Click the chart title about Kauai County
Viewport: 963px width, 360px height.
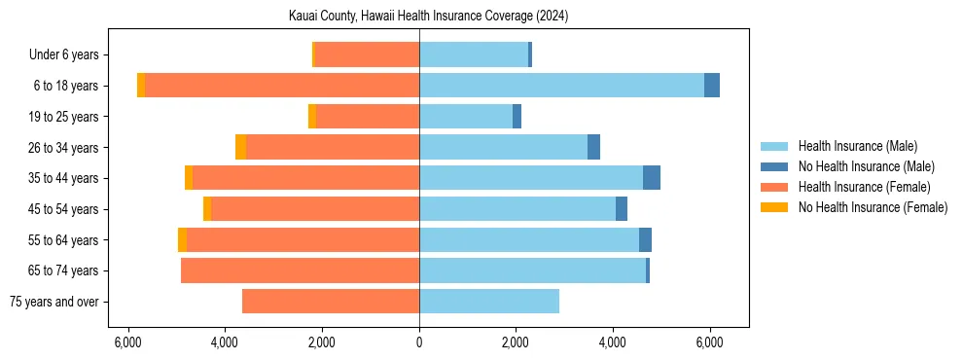[429, 17]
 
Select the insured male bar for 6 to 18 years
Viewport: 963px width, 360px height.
[561, 86]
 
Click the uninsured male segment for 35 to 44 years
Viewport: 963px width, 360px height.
[652, 178]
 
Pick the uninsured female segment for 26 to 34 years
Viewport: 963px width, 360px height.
[240, 147]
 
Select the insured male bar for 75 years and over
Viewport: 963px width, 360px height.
[489, 302]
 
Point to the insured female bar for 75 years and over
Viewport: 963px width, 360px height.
[331, 302]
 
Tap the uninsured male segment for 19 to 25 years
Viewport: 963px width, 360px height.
[517, 117]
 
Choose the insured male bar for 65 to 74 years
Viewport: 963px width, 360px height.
[532, 270]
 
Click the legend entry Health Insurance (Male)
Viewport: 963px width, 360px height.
[857, 146]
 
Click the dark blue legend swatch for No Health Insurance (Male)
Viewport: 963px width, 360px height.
[774, 166]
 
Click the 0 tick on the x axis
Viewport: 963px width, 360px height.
[419, 342]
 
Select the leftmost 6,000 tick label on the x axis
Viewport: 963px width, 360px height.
[128, 342]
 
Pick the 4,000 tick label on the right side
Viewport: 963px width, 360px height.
[613, 342]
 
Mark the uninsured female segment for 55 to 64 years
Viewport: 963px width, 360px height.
[182, 239]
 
